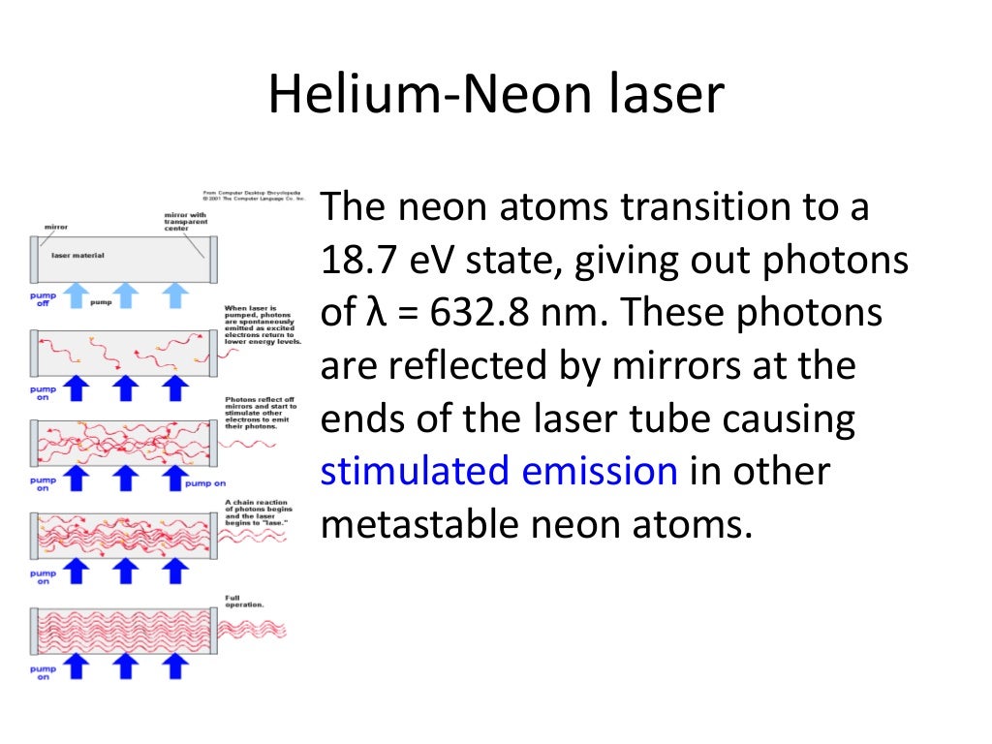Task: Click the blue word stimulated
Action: [416, 472]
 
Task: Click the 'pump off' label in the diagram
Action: [42, 297]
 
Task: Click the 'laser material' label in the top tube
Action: [77, 256]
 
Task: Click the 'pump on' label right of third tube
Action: [204, 481]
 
